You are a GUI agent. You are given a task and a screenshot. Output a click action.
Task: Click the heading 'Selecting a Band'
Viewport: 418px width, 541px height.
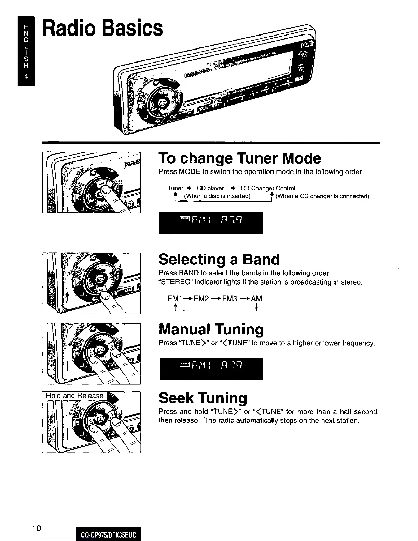[219, 260]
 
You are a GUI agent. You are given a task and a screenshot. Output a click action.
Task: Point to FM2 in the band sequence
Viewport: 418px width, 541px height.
[201, 299]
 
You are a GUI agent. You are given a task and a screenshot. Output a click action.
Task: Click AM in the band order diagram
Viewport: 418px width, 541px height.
[256, 299]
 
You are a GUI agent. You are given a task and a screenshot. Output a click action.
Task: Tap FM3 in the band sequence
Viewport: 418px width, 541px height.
[229, 299]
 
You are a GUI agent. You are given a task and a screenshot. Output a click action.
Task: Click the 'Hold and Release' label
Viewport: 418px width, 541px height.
[74, 396]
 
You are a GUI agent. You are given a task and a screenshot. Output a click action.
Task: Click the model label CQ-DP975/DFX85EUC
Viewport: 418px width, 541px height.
[108, 535]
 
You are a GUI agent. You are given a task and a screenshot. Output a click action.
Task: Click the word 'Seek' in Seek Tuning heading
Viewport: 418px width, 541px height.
[177, 398]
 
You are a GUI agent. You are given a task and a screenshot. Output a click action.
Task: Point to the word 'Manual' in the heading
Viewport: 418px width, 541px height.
[184, 330]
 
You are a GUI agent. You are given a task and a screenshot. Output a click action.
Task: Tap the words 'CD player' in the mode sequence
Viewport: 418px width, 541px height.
[210, 188]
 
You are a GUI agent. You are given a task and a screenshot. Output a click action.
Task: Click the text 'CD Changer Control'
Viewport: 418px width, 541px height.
[268, 188]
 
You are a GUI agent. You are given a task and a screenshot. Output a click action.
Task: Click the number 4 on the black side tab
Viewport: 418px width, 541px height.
[26, 77]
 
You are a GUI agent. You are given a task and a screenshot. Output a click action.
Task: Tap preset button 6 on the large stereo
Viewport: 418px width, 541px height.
[289, 85]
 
